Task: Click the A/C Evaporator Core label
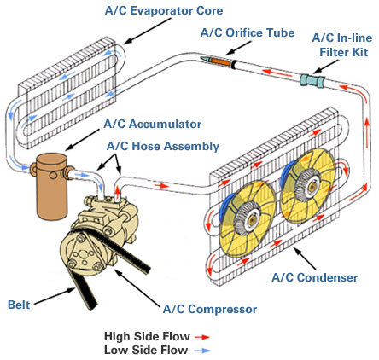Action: click(x=164, y=11)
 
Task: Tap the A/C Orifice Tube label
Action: click(x=248, y=32)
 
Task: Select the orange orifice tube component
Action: click(x=220, y=61)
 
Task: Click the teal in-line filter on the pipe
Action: click(x=312, y=80)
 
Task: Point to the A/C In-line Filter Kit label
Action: click(x=342, y=45)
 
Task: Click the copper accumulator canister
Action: click(x=51, y=186)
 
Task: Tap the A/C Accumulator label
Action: click(x=153, y=125)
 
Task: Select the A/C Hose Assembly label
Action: click(x=163, y=146)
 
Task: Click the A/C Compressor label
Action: click(x=210, y=309)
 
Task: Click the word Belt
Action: click(x=19, y=305)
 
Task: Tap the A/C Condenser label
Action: click(x=314, y=277)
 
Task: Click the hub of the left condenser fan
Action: click(x=248, y=218)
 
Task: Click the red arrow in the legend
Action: click(x=202, y=337)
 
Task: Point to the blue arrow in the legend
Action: click(x=202, y=351)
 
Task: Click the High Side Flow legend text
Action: click(x=147, y=336)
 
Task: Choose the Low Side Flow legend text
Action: click(x=146, y=350)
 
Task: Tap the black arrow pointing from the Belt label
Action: click(x=54, y=297)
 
